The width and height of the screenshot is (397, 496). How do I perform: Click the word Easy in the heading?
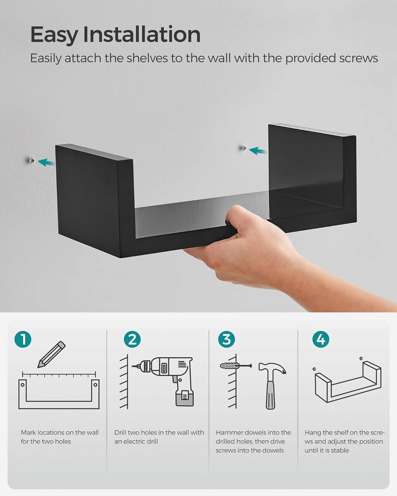click(x=54, y=35)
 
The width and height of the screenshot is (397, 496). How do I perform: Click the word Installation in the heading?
click(x=142, y=34)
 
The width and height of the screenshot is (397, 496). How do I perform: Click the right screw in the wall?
click(x=243, y=148)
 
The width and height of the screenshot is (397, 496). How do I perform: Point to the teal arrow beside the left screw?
click(x=47, y=162)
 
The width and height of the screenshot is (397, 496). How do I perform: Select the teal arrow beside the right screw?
click(x=258, y=151)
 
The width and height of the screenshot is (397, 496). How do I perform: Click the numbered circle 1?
click(x=22, y=339)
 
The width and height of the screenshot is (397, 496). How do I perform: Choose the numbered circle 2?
click(x=132, y=339)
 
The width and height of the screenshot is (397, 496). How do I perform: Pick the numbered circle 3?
click(x=226, y=339)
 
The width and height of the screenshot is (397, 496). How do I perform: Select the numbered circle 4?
click(x=321, y=339)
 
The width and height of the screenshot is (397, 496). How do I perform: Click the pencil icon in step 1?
click(x=51, y=355)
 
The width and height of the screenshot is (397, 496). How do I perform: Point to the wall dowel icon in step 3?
click(x=235, y=366)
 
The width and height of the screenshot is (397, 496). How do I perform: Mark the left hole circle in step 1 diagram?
click(x=22, y=385)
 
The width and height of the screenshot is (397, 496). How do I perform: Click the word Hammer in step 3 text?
click(x=230, y=432)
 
